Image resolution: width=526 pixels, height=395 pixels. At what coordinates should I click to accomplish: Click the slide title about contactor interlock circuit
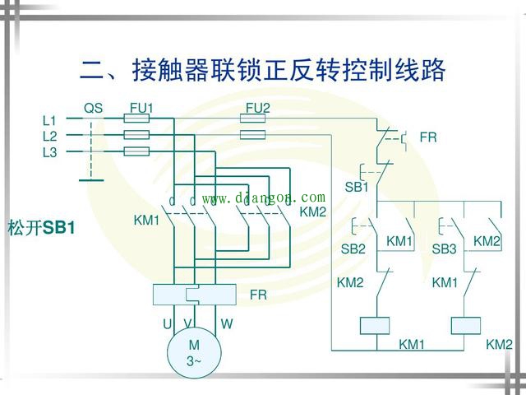[263, 69]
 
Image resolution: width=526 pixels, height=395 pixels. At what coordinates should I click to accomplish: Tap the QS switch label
[94, 108]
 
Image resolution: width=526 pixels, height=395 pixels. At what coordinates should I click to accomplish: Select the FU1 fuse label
[141, 108]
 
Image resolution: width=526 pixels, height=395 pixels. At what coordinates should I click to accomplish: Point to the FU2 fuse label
[258, 108]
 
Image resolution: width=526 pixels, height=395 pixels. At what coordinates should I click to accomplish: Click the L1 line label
[50, 120]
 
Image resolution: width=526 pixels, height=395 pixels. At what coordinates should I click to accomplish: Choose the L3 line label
[50, 152]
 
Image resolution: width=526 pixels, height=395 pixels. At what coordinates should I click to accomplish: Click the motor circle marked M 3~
[194, 351]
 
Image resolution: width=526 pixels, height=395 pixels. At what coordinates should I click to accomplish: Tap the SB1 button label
[356, 187]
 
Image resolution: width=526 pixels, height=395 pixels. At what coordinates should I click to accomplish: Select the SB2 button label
[353, 248]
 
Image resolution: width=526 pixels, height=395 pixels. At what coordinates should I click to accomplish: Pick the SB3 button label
[444, 248]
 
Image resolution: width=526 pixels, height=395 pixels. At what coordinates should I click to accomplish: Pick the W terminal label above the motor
[227, 324]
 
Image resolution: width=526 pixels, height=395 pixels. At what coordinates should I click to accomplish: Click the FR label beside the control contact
[428, 137]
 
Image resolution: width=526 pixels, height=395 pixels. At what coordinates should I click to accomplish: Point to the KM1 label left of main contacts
[147, 221]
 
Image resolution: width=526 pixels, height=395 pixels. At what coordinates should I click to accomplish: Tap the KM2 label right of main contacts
[313, 211]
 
